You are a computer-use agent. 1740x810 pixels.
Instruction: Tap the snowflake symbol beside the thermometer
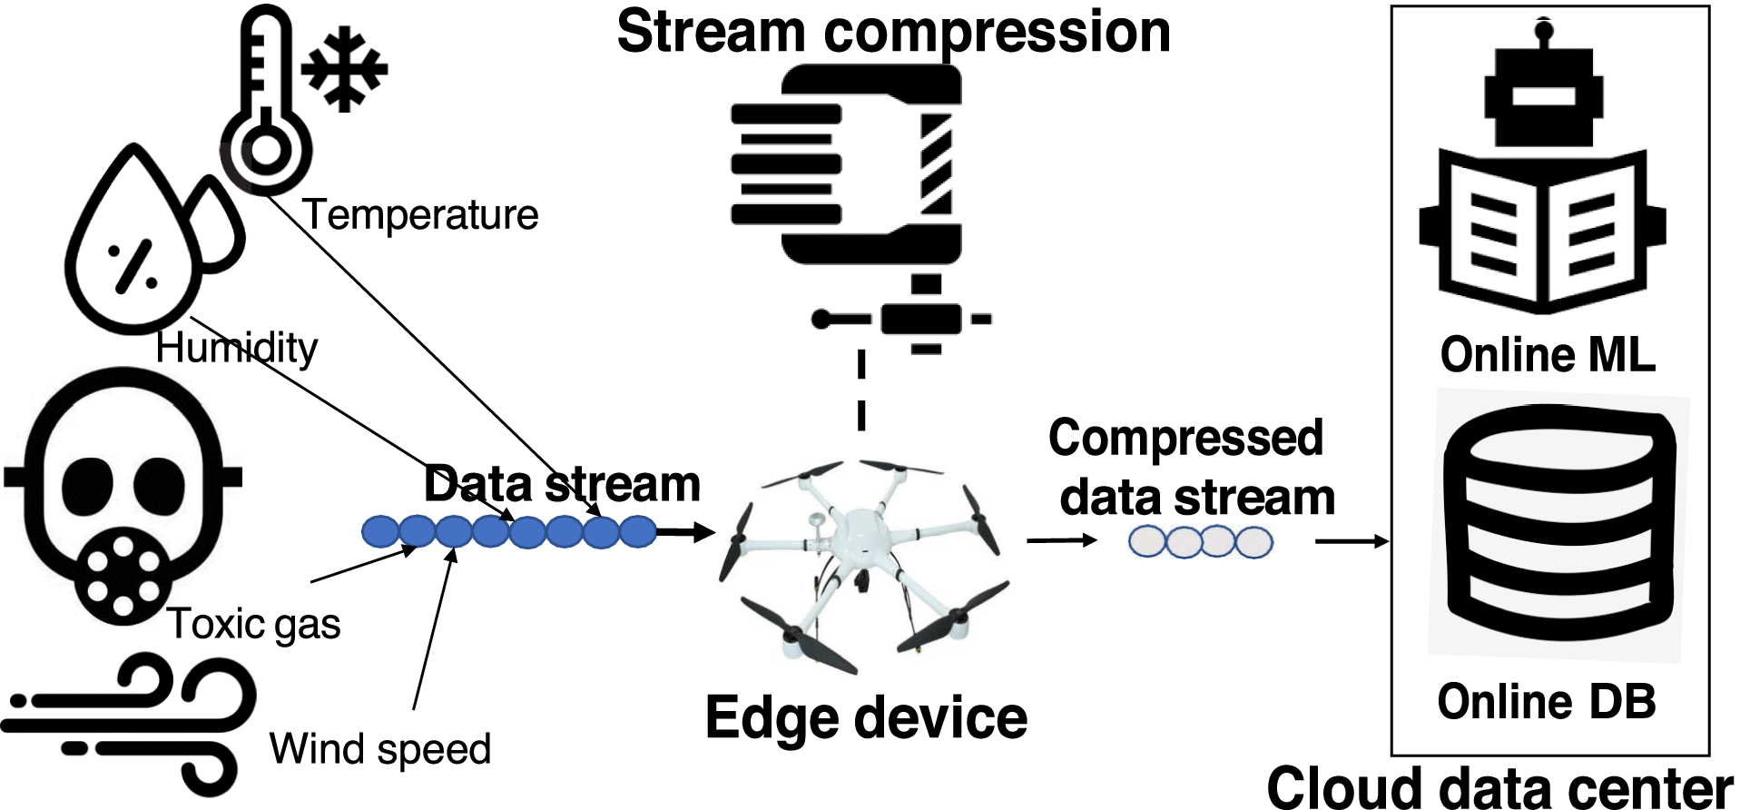pos(345,71)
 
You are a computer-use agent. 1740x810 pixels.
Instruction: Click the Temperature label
pos(420,215)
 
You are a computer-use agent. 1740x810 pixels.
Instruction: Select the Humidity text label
pos(236,348)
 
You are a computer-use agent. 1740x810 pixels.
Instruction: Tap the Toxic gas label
pos(254,625)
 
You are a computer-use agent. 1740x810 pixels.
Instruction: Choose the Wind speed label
pos(379,750)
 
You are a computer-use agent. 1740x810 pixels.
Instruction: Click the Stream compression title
pos(893,32)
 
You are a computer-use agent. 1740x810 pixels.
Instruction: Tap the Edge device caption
pos(866,718)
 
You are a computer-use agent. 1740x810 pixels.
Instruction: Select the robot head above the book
pos(1542,91)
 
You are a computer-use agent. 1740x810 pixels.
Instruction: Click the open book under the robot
pos(1542,232)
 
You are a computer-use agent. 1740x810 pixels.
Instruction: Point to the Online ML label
pos(1548,354)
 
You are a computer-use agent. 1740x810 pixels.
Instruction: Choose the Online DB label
pos(1547,702)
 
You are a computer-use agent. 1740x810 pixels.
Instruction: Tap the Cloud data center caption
pos(1499,786)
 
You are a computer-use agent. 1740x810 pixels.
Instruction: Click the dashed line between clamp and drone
pos(861,390)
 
